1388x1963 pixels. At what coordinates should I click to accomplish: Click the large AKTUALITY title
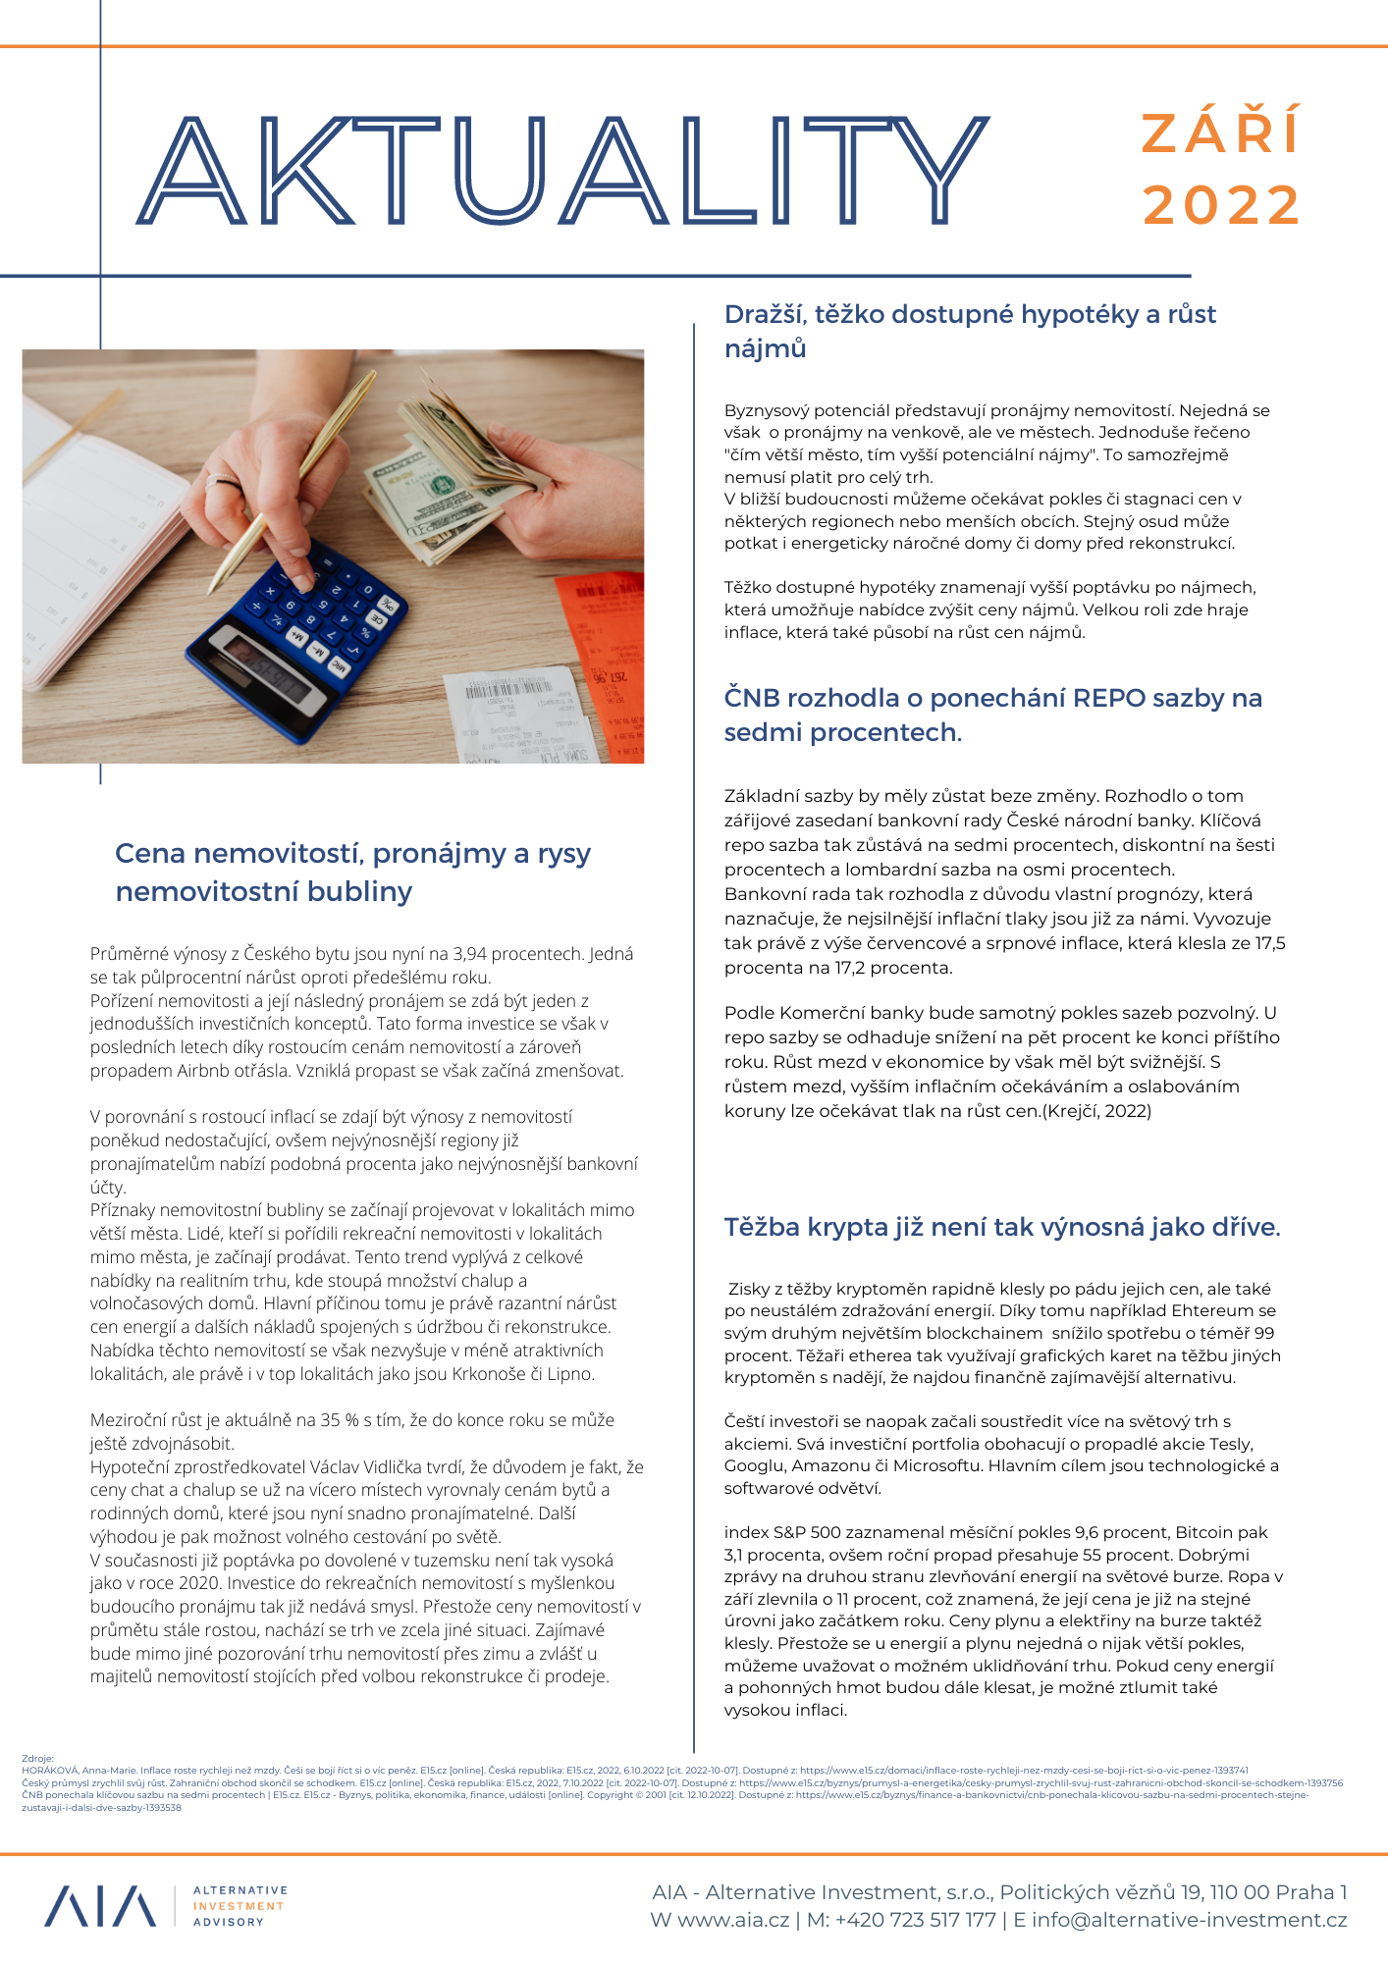point(564,169)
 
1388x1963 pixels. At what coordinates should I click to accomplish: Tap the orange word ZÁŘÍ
point(1221,133)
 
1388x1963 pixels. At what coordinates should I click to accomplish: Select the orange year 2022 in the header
point(1221,205)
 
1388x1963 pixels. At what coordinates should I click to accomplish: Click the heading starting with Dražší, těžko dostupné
point(970,331)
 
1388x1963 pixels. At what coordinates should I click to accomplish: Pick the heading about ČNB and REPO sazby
point(992,715)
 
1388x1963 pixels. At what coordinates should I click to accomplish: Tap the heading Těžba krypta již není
point(1002,1227)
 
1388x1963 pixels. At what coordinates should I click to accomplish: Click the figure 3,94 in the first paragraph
point(470,954)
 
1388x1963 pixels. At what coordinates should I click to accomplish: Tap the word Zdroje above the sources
point(37,1758)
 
